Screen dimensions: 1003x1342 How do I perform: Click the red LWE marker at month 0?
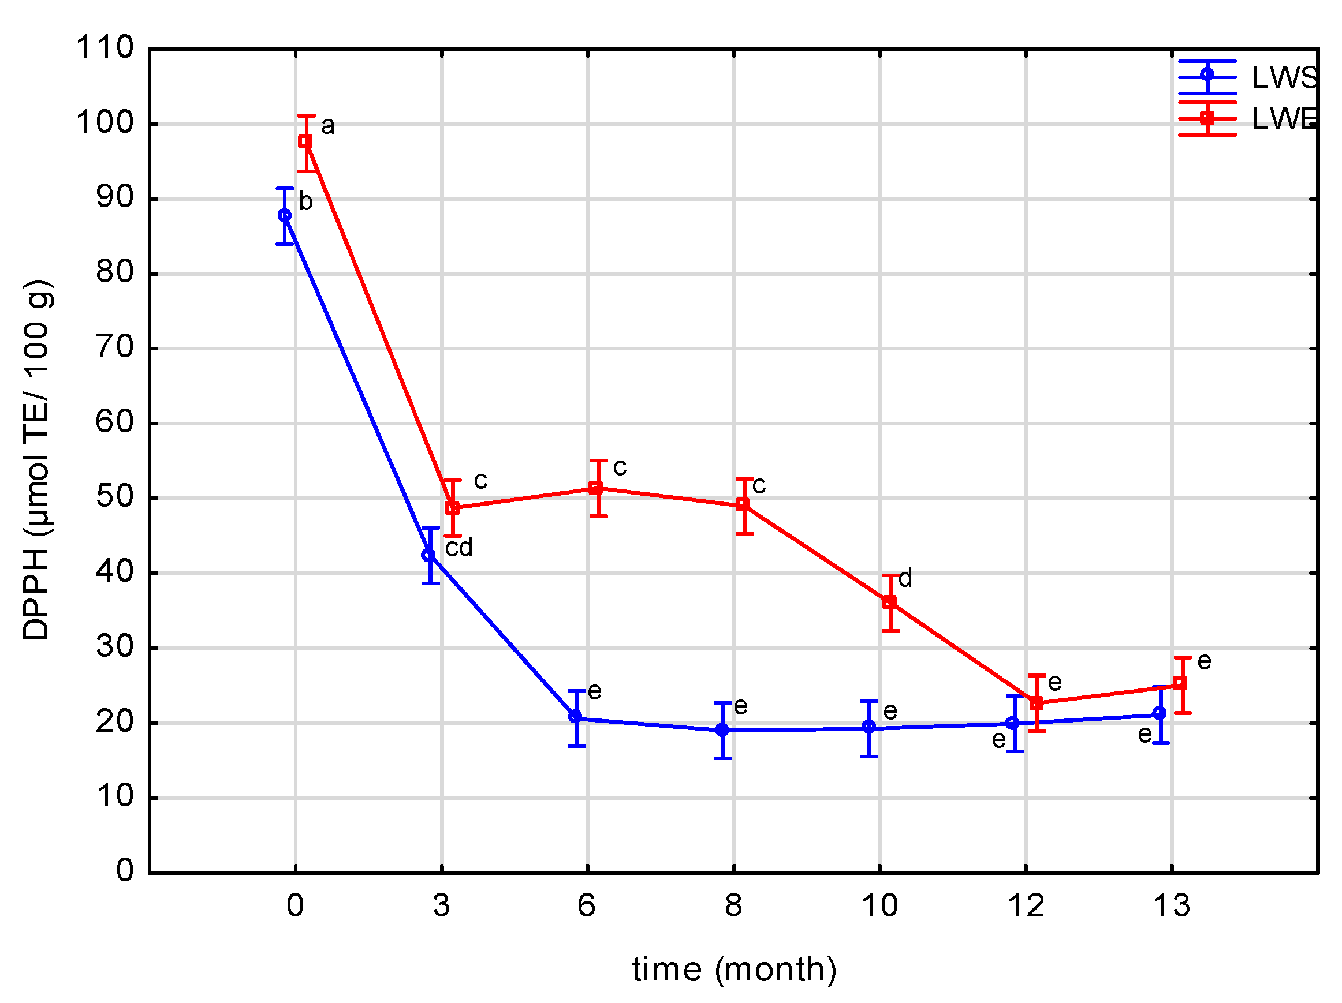305,142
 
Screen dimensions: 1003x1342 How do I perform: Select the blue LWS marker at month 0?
285,216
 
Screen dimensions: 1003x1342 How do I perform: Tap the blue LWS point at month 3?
428,555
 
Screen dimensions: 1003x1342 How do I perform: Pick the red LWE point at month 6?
596,489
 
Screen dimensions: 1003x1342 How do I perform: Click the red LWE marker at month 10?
889,602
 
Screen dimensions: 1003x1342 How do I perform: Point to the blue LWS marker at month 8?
722,730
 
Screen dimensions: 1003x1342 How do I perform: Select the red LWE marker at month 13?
1180,683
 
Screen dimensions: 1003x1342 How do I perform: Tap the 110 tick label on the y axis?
105,47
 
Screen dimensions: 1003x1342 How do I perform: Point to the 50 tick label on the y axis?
115,497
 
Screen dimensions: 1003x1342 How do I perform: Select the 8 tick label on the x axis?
733,906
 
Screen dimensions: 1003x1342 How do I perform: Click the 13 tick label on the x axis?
1172,906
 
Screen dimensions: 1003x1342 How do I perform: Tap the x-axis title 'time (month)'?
734,970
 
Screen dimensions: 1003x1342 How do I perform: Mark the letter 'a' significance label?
327,126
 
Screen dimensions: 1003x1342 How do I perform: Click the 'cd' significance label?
458,548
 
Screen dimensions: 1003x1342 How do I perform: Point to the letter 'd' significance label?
905,578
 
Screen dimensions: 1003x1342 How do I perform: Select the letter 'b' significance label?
306,201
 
